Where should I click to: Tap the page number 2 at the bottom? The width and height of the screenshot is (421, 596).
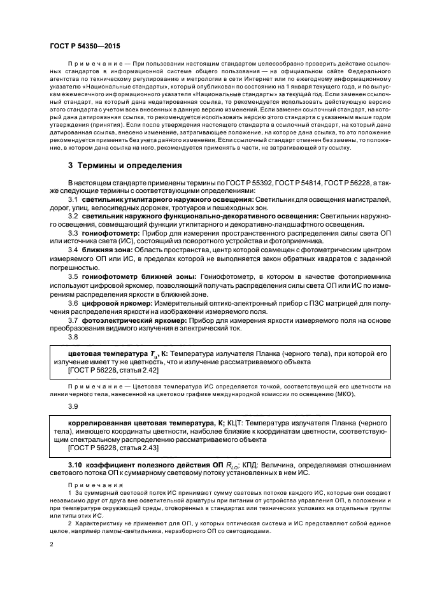pos(52,545)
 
